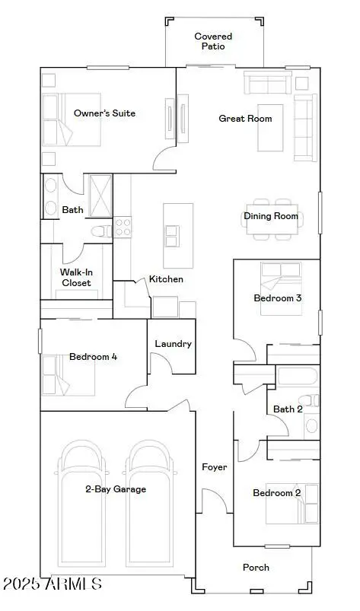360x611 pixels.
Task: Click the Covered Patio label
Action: point(213,41)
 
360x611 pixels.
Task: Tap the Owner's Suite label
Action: point(104,113)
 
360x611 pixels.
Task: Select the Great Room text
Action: point(245,119)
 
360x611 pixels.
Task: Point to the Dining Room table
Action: point(272,217)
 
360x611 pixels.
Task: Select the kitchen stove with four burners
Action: point(123,226)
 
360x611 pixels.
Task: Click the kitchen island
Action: point(178,225)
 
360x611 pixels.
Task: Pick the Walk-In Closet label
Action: point(75,277)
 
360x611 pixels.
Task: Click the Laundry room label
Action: point(173,344)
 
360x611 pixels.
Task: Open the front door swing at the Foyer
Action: point(213,502)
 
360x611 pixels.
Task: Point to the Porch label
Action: point(256,567)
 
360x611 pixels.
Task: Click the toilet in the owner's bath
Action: point(100,231)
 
